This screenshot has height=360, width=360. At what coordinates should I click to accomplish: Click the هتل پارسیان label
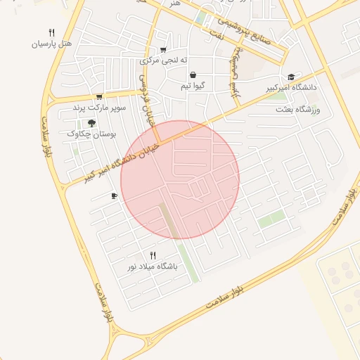click(52, 44)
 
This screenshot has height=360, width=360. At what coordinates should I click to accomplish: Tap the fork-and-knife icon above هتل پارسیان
click(51, 32)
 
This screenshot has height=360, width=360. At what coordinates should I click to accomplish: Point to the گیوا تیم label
click(193, 86)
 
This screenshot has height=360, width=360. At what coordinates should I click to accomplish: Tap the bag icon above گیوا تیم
click(193, 75)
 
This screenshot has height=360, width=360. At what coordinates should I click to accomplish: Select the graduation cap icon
click(291, 77)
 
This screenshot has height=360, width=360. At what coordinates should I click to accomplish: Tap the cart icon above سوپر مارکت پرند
click(99, 97)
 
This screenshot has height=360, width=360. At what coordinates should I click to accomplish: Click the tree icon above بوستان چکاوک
click(91, 123)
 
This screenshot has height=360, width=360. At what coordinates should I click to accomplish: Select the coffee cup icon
click(114, 196)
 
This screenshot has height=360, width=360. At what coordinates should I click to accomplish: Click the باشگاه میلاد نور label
click(153, 266)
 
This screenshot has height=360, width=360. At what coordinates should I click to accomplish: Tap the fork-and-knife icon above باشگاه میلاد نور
click(153, 255)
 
